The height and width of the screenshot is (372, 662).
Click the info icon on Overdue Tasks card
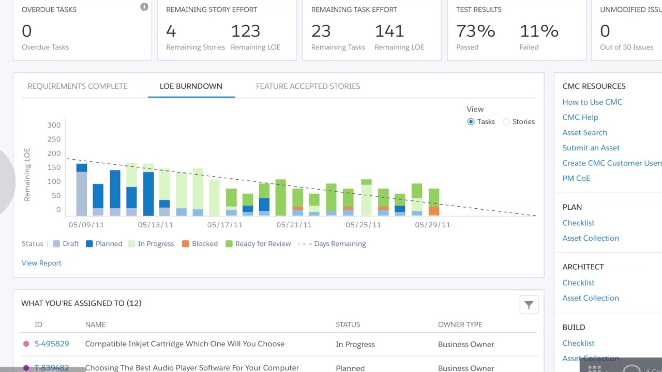point(144,7)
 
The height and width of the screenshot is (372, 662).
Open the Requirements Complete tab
point(78,86)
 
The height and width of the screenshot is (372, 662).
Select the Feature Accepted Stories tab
point(308,86)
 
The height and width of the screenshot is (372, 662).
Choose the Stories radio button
point(506,121)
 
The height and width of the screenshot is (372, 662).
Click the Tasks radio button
point(471,121)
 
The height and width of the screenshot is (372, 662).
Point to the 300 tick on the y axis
point(54,125)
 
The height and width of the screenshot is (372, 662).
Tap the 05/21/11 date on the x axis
point(294,225)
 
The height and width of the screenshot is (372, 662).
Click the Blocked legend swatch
point(185,243)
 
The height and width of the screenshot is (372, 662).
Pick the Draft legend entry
point(66,243)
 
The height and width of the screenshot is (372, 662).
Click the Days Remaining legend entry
point(332,243)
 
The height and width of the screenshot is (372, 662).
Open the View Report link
point(41,263)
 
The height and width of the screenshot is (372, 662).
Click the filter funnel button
point(529,305)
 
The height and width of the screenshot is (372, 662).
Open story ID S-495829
point(52,344)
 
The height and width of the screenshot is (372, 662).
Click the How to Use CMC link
point(592,102)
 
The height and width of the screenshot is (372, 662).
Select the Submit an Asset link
point(591,148)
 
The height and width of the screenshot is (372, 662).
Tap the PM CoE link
point(576,178)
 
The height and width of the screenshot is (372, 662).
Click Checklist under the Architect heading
point(578,283)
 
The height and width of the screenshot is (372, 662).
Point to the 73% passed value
point(475,31)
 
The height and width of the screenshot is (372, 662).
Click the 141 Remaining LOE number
point(389,31)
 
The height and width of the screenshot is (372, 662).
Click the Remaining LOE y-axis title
point(27,175)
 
